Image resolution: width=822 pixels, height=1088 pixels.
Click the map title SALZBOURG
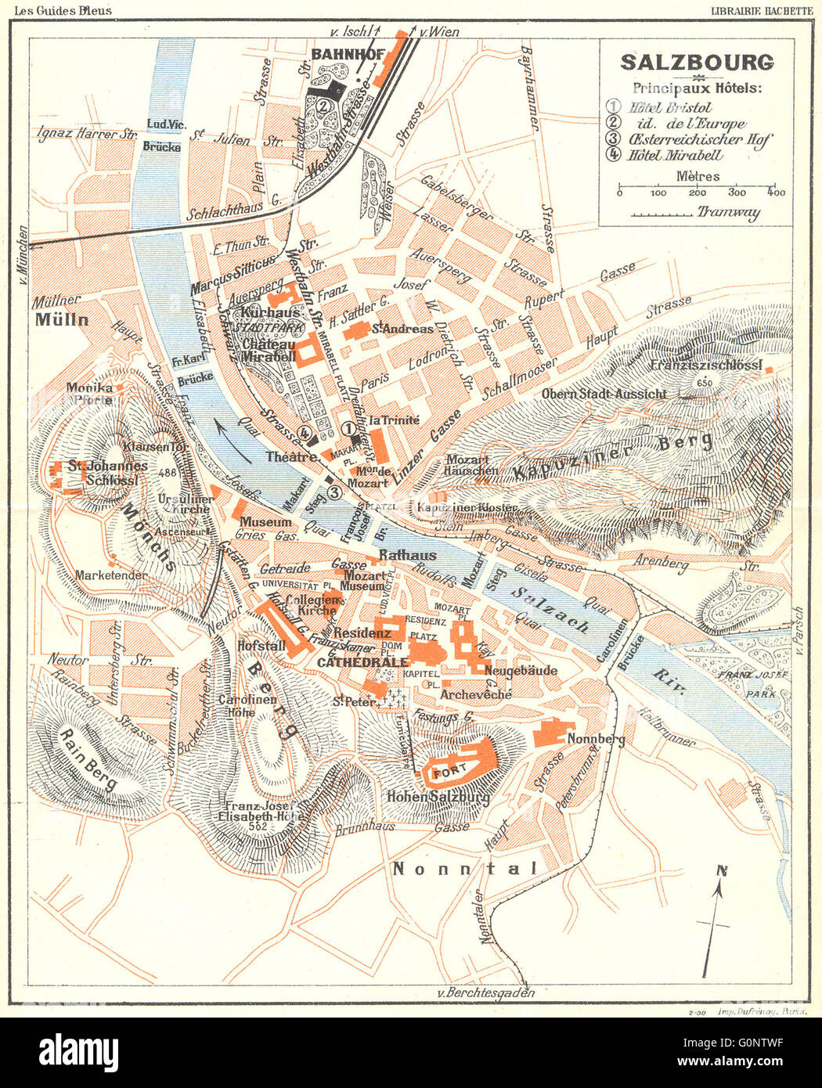pyautogui.click(x=696, y=62)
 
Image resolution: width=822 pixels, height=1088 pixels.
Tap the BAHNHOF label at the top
pyautogui.click(x=348, y=54)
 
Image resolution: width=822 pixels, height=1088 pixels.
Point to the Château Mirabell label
pyautogui.click(x=269, y=350)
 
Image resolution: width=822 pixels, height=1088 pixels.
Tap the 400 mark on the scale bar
pyautogui.click(x=776, y=193)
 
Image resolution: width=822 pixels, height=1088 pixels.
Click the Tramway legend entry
pyautogui.click(x=728, y=212)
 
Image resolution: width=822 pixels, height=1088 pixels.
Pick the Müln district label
pyautogui.click(x=61, y=319)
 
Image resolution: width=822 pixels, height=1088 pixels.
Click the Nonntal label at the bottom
pyautogui.click(x=465, y=868)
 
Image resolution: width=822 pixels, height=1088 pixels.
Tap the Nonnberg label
pyautogui.click(x=596, y=739)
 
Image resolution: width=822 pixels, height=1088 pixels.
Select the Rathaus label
pyautogui.click(x=407, y=555)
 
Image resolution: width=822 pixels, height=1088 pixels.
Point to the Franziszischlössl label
pyautogui.click(x=706, y=365)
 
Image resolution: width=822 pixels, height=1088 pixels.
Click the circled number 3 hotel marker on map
pyautogui.click(x=334, y=492)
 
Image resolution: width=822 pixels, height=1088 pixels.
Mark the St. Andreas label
pyautogui.click(x=402, y=329)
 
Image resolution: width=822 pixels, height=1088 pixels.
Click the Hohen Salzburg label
pyautogui.click(x=438, y=797)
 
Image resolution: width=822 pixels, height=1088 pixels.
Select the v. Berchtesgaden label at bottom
pyautogui.click(x=486, y=993)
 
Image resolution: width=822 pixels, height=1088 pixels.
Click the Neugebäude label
pyautogui.click(x=521, y=670)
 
